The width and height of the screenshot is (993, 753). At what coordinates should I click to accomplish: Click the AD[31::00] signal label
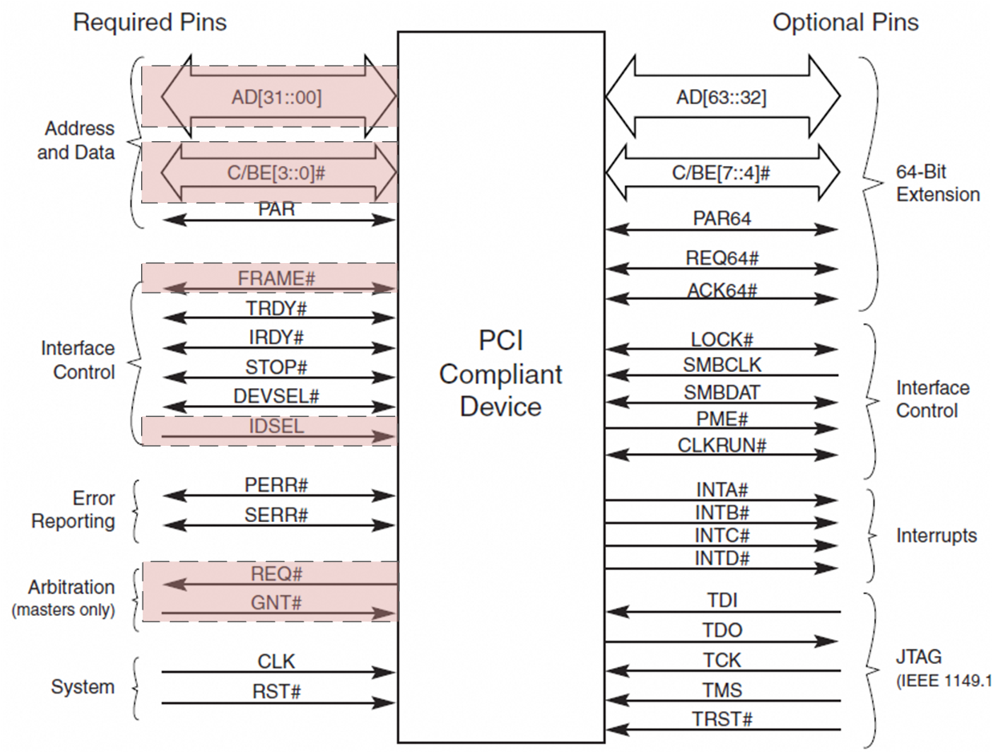[277, 98]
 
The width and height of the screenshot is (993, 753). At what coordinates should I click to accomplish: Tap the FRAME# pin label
[276, 277]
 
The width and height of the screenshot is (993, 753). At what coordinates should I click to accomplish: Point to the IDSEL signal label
[276, 426]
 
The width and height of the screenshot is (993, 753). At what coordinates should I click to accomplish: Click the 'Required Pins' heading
[150, 22]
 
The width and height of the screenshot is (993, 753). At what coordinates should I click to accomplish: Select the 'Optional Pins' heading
[845, 22]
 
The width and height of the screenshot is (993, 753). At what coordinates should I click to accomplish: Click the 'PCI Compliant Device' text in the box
[501, 374]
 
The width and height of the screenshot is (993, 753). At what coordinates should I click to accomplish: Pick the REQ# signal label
[276, 573]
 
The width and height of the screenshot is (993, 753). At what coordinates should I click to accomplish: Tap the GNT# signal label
[276, 602]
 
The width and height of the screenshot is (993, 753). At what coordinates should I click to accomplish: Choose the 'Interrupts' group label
[936, 535]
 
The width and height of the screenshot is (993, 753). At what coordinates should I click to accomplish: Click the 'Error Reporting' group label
[73, 510]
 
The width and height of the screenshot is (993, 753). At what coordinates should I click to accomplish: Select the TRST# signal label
[722, 719]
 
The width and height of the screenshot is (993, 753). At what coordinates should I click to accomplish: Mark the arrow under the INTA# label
[721, 500]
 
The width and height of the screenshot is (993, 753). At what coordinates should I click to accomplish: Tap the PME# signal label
[722, 418]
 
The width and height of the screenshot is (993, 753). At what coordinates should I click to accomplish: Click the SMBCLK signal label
[722, 366]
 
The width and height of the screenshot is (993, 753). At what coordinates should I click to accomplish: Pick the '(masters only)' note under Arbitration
[63, 610]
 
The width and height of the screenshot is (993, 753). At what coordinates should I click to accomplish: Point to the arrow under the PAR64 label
[721, 229]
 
